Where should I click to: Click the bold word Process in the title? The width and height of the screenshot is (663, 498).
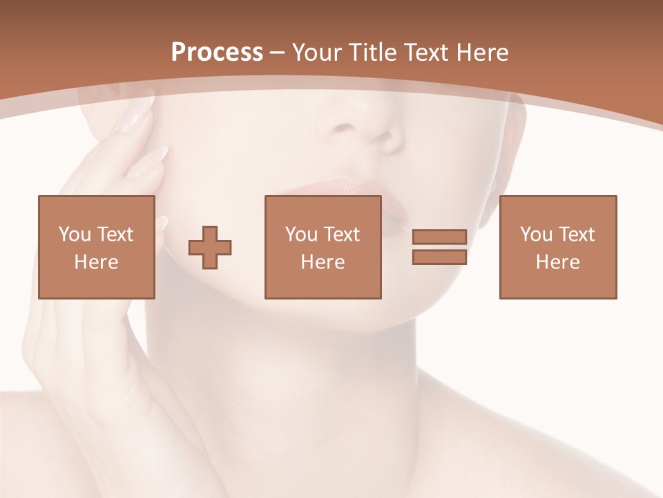(217, 53)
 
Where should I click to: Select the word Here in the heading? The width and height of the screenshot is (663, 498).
(482, 53)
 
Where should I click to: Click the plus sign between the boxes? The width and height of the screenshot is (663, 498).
(210, 247)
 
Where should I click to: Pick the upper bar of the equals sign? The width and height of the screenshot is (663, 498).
(439, 237)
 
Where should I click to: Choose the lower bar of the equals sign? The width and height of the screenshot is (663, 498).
(439, 257)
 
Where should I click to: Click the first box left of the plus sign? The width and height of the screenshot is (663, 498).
(96, 247)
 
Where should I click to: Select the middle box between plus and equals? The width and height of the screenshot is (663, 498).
(323, 247)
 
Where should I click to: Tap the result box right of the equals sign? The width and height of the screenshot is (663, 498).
(557, 247)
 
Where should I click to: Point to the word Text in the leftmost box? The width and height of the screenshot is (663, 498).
(115, 234)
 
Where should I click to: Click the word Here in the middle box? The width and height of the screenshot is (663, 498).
(323, 262)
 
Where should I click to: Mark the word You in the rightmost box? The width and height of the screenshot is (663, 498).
(536, 234)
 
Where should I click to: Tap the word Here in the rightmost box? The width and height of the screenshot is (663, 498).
(557, 262)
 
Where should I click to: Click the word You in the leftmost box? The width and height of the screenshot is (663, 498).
(75, 234)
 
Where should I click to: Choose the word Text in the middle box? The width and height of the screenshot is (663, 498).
(342, 234)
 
